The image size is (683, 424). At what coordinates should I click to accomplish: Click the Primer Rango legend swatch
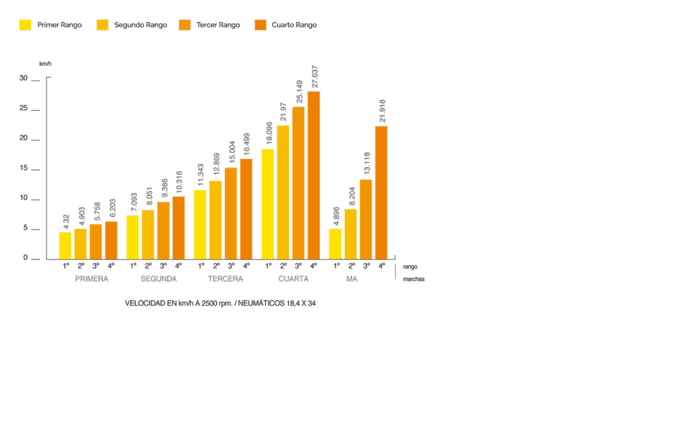coord(25,25)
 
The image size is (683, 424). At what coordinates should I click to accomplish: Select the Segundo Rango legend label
coord(141,25)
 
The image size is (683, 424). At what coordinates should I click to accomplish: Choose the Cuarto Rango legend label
coord(294,25)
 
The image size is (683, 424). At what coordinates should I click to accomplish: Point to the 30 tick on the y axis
coord(25,79)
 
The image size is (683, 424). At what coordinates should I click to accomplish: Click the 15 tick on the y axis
coord(25,169)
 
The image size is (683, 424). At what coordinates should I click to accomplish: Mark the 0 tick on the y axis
coord(25,258)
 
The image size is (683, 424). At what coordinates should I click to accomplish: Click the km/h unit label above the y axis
coord(45,64)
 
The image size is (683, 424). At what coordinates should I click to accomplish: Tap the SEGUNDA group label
coord(159,279)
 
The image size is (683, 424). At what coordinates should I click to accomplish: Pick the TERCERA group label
coord(225,279)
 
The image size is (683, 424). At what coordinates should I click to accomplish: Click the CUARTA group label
coord(293,279)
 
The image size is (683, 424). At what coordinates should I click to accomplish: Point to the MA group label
coord(352,279)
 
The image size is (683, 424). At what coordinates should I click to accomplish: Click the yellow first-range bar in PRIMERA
coord(65,245)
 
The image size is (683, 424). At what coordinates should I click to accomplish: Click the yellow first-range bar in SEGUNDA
coord(133,237)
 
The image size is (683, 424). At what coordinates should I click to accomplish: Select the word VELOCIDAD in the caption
coord(144,303)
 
